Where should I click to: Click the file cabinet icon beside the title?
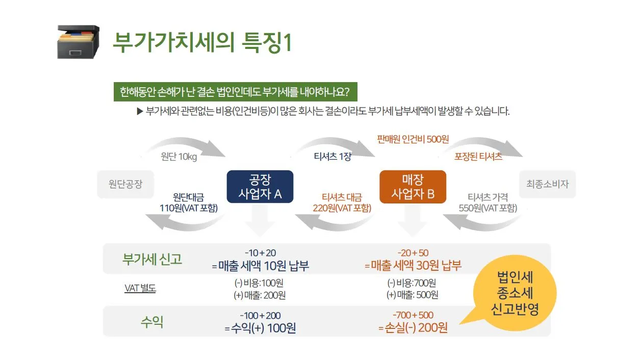click(78, 42)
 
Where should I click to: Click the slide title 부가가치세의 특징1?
click(202, 42)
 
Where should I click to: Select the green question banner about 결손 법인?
click(235, 92)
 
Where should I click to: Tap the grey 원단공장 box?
click(125, 184)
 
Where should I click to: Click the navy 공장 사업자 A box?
click(260, 187)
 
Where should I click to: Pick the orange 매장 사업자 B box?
click(413, 187)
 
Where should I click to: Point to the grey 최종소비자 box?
click(547, 184)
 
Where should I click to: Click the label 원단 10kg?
click(178, 157)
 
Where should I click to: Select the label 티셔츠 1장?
click(333, 157)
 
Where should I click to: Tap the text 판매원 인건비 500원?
click(413, 139)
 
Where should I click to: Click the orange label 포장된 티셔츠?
click(478, 157)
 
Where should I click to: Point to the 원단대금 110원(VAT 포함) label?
click(188, 202)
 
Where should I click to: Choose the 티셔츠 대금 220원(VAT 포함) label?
click(342, 202)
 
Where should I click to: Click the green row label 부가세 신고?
click(152, 259)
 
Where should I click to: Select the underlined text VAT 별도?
click(140, 289)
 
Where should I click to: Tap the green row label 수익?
click(152, 322)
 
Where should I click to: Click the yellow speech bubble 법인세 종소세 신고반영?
click(515, 294)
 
